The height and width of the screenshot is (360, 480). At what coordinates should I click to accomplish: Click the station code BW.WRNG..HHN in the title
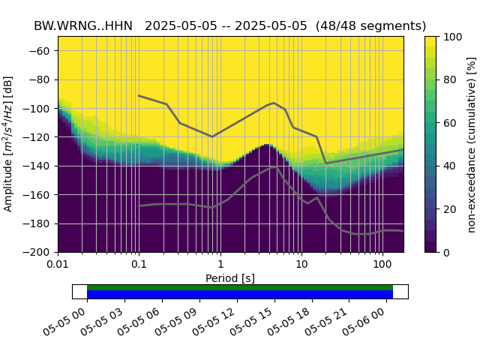pos(82,25)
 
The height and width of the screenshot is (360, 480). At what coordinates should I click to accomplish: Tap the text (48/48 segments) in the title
pos(371,25)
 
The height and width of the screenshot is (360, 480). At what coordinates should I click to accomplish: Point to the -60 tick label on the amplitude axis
pos(42,51)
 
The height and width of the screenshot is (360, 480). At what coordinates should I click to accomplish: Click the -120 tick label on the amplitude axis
pos(39,137)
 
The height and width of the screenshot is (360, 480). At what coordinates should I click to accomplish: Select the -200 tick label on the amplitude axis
pos(39,252)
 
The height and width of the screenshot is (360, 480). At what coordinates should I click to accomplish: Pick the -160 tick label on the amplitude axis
pos(39,195)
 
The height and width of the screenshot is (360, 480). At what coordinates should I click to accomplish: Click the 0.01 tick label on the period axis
pos(58,265)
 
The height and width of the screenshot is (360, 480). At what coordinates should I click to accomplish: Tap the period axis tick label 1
pos(220,265)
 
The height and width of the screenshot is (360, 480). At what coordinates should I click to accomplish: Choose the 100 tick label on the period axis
pos(382,265)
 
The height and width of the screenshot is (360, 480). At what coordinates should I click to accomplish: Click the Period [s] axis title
pos(230,278)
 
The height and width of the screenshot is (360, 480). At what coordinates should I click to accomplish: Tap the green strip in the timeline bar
pos(240,287)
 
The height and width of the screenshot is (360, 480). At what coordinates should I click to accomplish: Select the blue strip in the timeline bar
pos(240,295)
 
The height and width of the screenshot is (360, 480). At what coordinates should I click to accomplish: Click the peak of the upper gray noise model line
pos(274,103)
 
